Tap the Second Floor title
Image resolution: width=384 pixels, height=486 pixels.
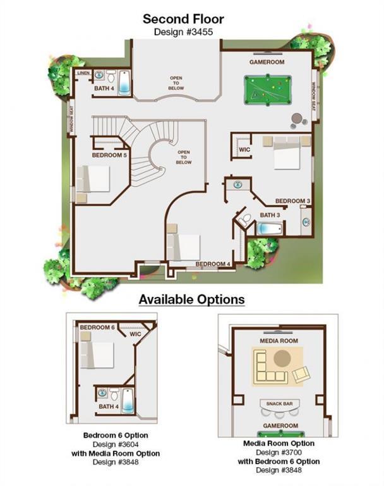(x=183, y=19)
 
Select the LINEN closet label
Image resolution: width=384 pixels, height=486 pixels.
(x=83, y=73)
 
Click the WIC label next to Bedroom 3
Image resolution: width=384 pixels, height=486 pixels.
(x=244, y=150)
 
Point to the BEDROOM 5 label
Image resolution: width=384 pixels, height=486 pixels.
(x=109, y=155)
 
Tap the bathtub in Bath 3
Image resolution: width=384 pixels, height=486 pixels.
(x=270, y=229)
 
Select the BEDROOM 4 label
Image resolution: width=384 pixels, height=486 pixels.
(x=213, y=264)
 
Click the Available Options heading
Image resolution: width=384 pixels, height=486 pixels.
(x=192, y=299)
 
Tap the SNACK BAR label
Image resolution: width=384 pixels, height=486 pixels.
(x=279, y=404)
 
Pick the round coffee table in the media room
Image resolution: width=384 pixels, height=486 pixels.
(x=282, y=358)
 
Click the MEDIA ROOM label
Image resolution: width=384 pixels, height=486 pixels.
(x=279, y=341)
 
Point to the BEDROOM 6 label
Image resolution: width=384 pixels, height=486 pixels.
(x=97, y=327)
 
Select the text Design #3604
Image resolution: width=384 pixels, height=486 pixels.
(x=116, y=444)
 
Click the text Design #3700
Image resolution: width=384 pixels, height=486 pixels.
(x=279, y=452)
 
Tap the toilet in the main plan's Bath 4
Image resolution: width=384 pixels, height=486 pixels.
(x=111, y=76)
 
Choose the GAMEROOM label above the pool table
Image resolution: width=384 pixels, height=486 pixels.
(x=267, y=62)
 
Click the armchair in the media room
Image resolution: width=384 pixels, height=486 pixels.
(x=301, y=374)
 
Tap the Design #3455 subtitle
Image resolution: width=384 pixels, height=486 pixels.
(x=183, y=32)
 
